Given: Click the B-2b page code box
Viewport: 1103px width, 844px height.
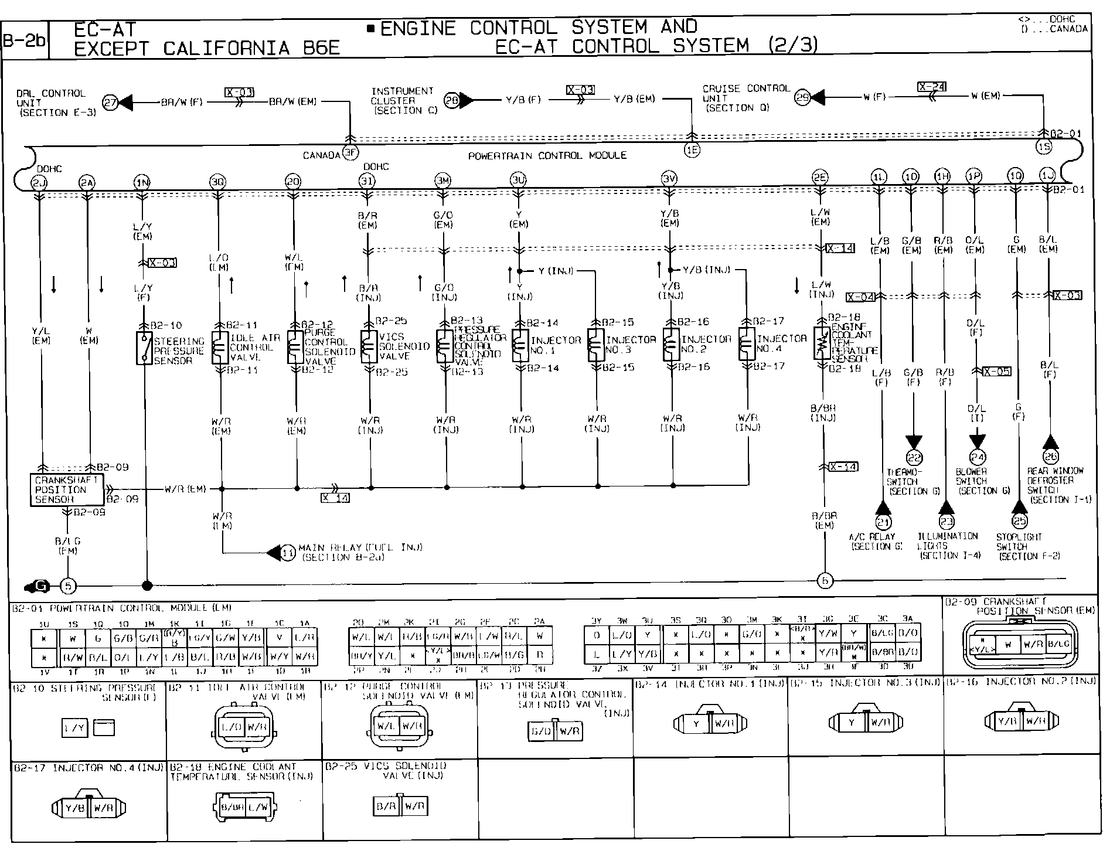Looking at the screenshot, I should tap(25, 40).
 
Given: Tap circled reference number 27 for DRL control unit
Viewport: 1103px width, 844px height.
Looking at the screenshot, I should tap(110, 103).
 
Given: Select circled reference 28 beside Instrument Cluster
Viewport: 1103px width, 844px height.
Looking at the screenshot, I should tap(451, 100).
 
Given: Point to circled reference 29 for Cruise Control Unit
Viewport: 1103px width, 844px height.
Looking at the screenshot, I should tap(802, 98).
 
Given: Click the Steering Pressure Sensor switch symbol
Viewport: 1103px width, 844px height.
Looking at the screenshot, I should tap(144, 348).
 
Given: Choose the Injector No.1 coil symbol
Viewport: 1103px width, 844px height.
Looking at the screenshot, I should tap(520, 345).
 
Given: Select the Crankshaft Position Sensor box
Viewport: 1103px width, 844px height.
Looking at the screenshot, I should tap(67, 489).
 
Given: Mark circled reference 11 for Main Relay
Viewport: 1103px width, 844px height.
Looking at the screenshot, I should tap(287, 552).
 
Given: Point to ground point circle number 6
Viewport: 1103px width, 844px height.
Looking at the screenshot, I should tap(825, 581).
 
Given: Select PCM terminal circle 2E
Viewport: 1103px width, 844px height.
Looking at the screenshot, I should tap(820, 178).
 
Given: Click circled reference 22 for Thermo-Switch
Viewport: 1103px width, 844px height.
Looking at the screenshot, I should tap(914, 457).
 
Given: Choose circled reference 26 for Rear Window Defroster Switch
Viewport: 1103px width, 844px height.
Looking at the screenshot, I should tap(1050, 457).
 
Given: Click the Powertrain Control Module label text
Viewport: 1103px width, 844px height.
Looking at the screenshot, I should tap(547, 156).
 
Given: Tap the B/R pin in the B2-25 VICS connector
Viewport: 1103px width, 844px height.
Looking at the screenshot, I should tap(386, 806).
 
